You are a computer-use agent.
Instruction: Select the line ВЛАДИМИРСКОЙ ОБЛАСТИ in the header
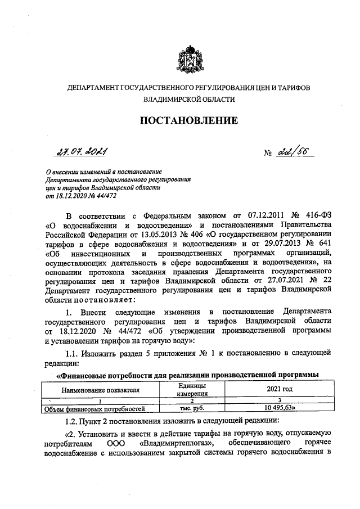(x=188, y=99)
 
